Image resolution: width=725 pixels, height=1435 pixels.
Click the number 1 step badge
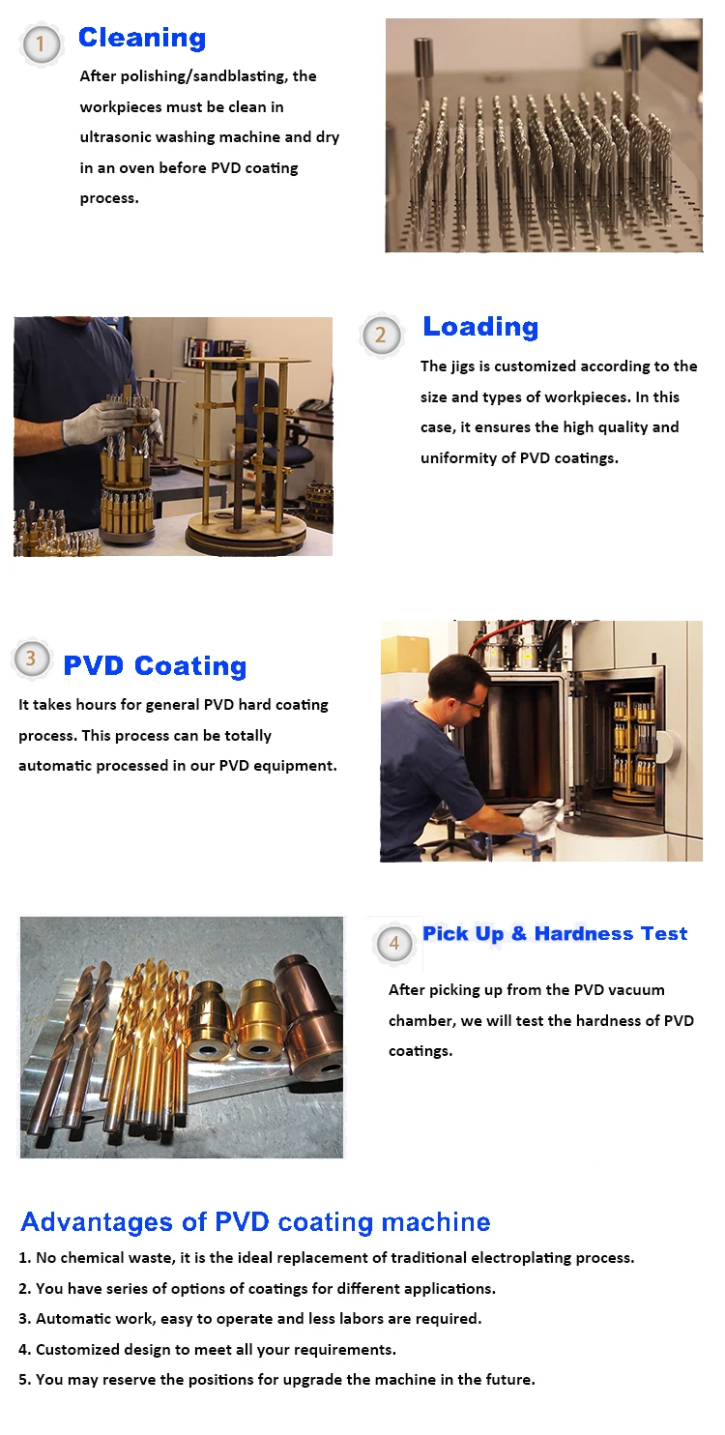[x=41, y=44]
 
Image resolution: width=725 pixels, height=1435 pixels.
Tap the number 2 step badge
[x=380, y=335]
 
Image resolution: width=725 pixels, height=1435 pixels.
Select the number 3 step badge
[x=31, y=659]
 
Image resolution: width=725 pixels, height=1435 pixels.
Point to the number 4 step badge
[x=393, y=943]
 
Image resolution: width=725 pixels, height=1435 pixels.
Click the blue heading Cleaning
[x=142, y=38]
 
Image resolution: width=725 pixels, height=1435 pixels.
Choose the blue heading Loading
[x=479, y=327]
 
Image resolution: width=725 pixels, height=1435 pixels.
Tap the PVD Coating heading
[x=155, y=666]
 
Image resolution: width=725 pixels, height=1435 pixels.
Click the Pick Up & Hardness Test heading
[x=555, y=933]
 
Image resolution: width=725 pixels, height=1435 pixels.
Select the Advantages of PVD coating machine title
[x=255, y=1221]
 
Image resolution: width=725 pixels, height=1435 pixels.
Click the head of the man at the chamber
[x=460, y=682]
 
